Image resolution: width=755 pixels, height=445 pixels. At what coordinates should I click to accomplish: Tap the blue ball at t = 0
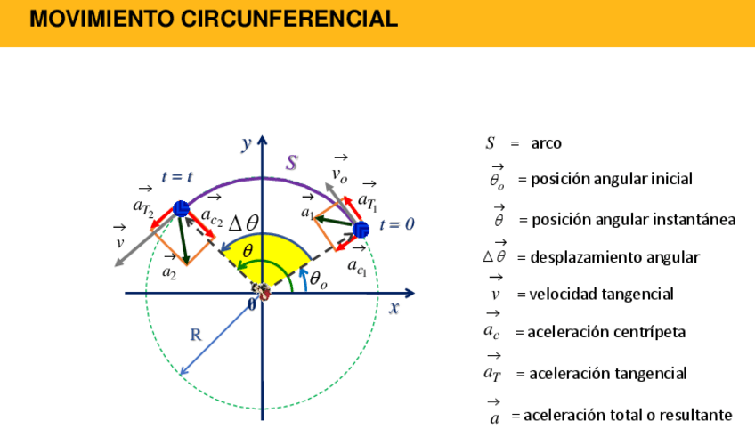coord(361,230)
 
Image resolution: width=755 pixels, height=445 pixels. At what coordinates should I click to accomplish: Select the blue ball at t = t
coord(181,209)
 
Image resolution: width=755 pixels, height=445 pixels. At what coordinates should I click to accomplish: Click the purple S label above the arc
coord(291,163)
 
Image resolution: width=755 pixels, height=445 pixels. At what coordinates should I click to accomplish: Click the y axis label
coord(247,142)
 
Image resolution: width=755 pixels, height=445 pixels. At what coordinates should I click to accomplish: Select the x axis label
coord(393,308)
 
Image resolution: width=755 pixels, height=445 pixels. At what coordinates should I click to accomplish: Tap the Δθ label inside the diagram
coord(243,223)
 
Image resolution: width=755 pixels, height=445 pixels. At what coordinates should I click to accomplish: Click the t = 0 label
coord(396,225)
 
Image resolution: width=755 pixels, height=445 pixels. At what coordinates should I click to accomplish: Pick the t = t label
coord(177,177)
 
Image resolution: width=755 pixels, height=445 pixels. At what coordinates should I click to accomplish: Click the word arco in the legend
coord(546,142)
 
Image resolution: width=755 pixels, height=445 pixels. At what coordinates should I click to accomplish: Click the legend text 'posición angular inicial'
coord(611,179)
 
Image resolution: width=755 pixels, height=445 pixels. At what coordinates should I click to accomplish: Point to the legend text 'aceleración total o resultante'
coord(627,415)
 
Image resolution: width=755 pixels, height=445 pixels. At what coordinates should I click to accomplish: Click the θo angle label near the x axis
coord(318,279)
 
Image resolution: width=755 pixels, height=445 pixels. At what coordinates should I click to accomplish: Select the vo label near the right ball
coord(339,174)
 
